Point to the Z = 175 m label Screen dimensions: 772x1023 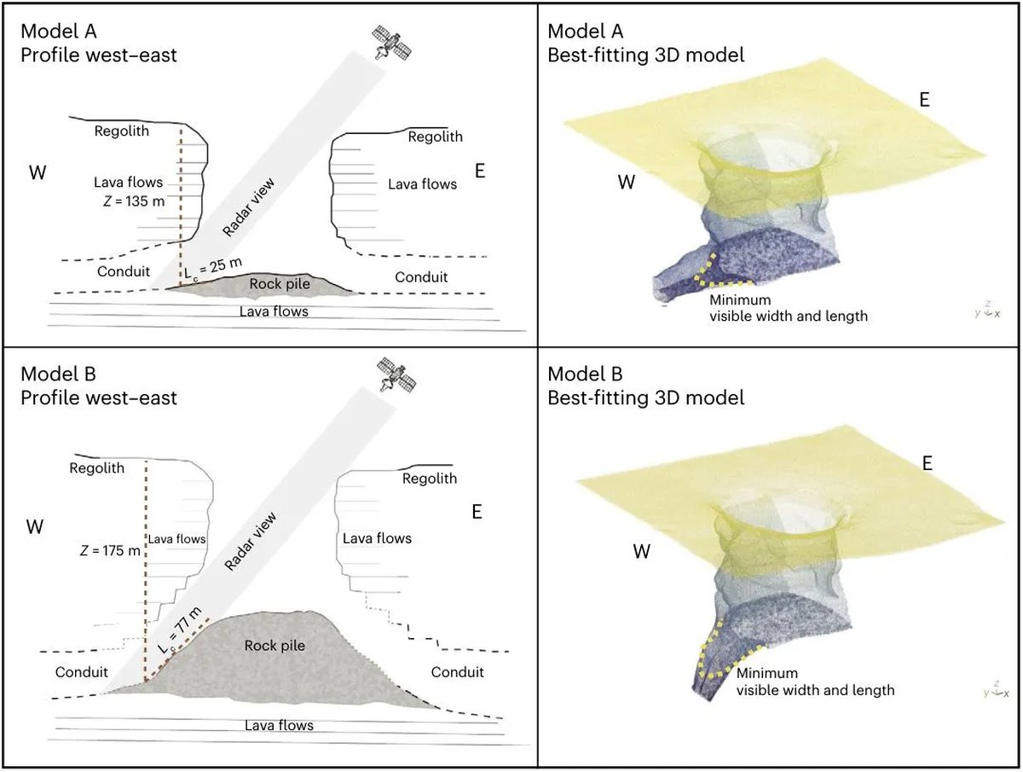click(x=107, y=550)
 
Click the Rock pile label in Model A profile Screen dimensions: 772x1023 click(x=277, y=282)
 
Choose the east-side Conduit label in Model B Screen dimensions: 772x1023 click(x=457, y=672)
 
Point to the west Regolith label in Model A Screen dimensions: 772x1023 click(x=121, y=131)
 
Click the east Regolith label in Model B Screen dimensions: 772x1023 click(x=430, y=479)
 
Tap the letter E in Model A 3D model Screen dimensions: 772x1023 click(x=923, y=100)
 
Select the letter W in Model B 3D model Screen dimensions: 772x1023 click(x=642, y=551)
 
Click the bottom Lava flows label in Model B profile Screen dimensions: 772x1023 click(x=279, y=725)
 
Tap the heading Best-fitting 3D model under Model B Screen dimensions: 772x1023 click(x=645, y=398)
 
